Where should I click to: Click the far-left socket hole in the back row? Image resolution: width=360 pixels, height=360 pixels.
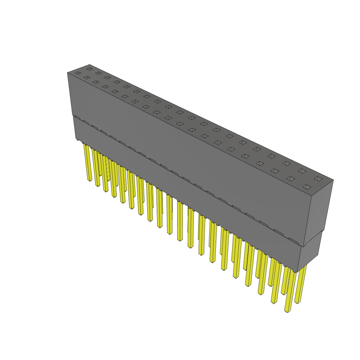click(x=90, y=69)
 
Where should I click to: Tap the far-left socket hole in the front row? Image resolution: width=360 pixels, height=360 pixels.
click(x=78, y=73)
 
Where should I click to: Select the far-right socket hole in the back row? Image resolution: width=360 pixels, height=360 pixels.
click(x=318, y=179)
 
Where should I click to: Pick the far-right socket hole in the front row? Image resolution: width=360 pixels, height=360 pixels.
click(x=307, y=187)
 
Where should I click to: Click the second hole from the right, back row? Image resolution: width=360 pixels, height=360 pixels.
click(x=302, y=171)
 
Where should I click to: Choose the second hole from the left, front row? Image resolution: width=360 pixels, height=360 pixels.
click(x=87, y=77)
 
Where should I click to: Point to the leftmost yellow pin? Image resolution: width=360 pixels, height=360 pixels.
click(x=88, y=162)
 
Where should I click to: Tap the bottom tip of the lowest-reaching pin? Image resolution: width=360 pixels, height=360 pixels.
click(x=287, y=311)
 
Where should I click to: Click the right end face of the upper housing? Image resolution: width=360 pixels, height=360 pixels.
click(x=318, y=207)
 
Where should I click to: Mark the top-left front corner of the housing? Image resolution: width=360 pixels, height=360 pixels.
click(x=67, y=73)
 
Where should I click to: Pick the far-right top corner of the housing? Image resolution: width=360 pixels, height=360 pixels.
click(x=333, y=180)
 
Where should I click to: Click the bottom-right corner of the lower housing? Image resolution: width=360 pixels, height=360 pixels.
click(x=297, y=272)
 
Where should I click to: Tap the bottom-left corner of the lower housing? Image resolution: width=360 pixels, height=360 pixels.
click(x=76, y=139)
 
